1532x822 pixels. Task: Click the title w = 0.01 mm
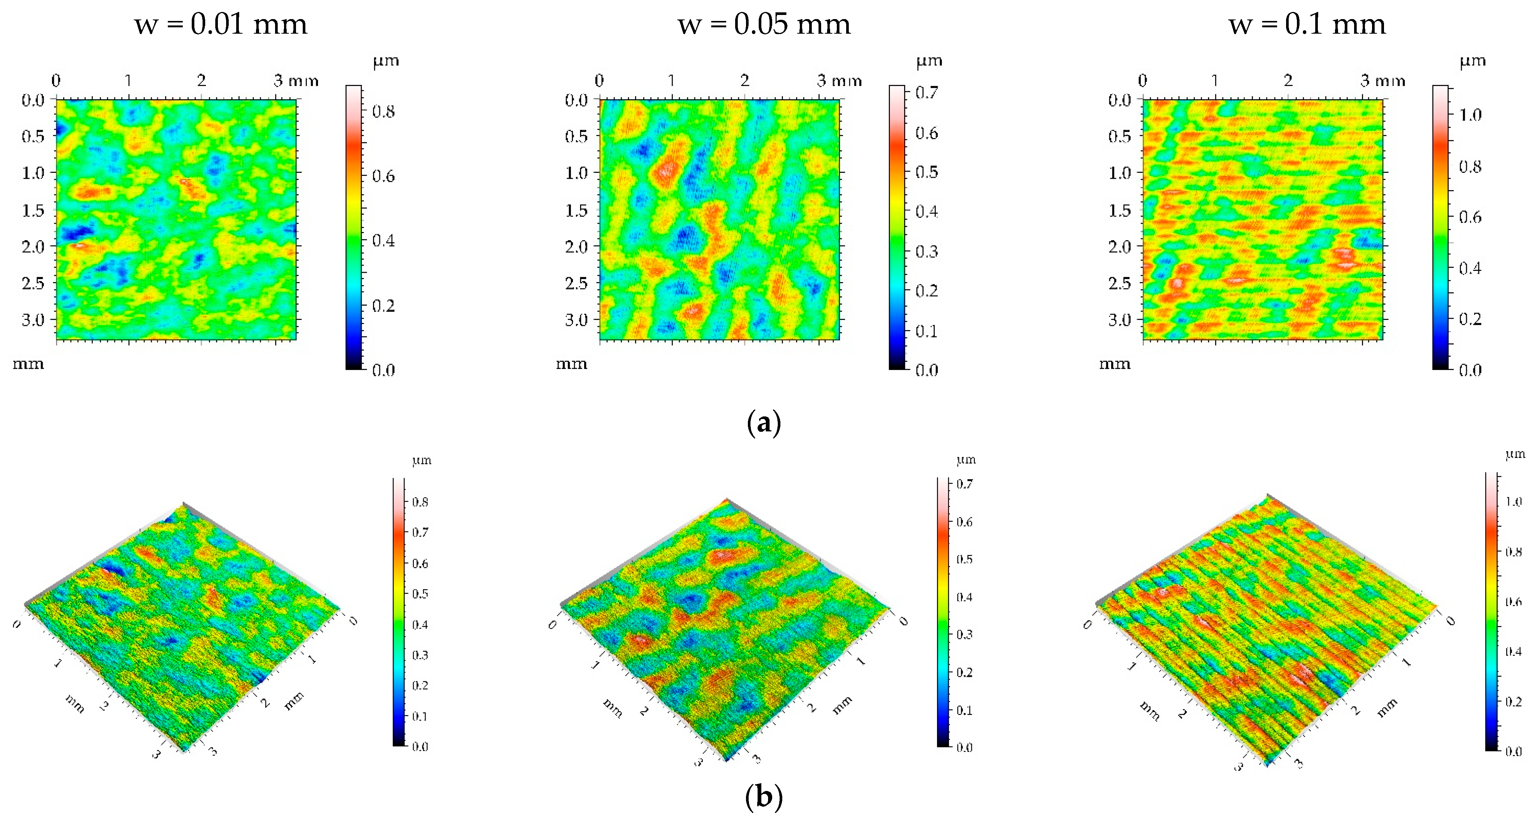coord(221,24)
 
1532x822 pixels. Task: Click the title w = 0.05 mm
coord(764,24)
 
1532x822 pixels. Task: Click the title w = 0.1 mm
coord(1307,24)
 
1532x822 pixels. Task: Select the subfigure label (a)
coord(764,423)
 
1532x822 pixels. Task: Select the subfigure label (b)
coord(764,797)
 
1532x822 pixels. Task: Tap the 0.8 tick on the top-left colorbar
coord(383,111)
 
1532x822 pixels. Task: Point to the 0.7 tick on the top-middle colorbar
coord(927,92)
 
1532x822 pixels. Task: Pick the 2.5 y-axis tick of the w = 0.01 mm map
coord(33,283)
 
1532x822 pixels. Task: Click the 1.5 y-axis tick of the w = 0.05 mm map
coord(576,210)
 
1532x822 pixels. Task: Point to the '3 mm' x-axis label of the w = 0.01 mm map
coord(296,80)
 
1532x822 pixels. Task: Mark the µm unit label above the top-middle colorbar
coord(929,61)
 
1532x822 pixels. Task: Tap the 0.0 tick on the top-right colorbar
coord(1470,370)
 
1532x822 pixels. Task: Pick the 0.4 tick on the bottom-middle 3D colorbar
coord(964,597)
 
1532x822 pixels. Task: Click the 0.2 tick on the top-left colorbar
coord(383,305)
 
